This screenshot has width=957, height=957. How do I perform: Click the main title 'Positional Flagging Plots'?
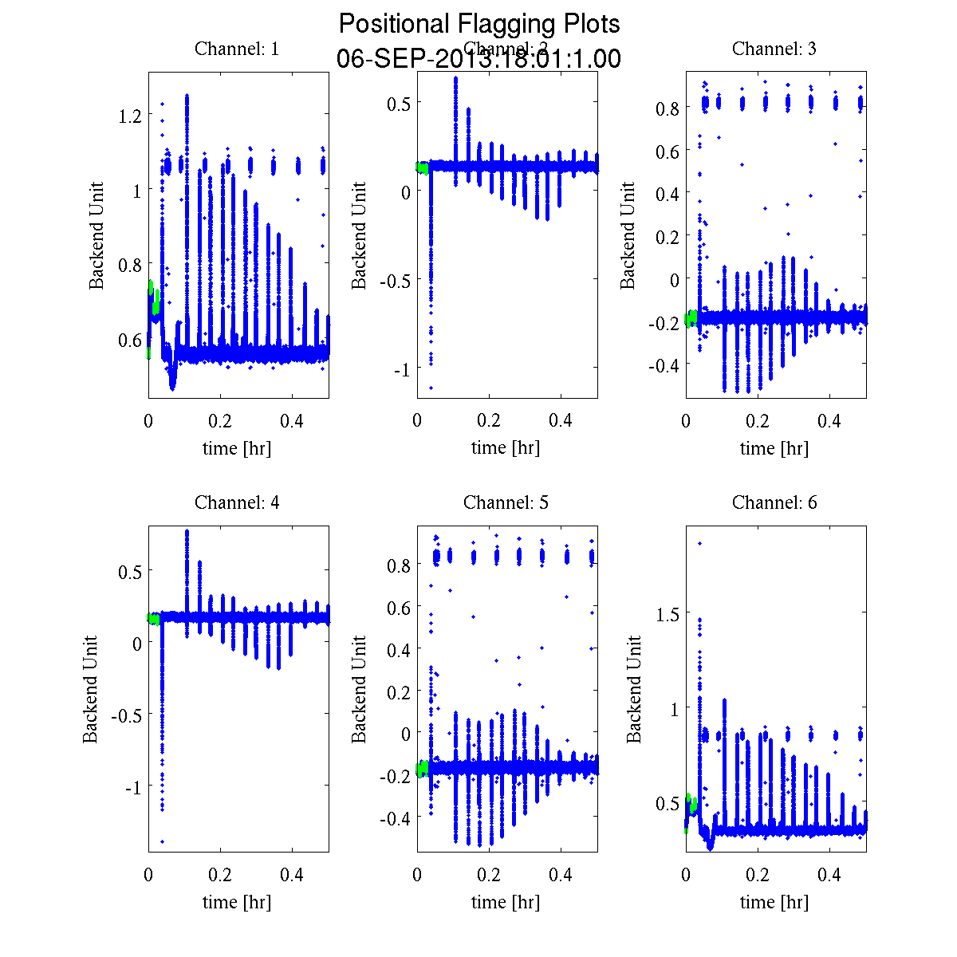(x=478, y=24)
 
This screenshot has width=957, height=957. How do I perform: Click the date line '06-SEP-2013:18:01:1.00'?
(x=478, y=59)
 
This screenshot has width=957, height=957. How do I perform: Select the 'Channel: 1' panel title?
(x=237, y=49)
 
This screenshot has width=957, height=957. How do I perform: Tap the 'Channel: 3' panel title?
(x=774, y=49)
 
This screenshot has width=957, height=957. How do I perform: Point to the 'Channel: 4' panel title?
(x=237, y=502)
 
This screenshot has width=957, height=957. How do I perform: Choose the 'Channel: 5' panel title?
(x=506, y=502)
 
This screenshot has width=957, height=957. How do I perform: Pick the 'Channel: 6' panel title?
(x=774, y=502)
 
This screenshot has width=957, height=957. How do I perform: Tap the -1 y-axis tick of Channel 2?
(x=401, y=369)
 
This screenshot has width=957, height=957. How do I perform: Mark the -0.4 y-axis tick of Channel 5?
(x=395, y=818)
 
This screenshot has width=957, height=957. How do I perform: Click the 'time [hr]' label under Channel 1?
(x=237, y=448)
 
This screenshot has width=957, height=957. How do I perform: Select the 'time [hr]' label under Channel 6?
(x=774, y=902)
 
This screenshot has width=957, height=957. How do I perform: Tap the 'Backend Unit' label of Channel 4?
(x=91, y=690)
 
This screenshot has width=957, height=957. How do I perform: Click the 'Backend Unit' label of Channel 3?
(x=628, y=235)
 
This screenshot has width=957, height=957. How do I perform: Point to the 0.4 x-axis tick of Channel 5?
(x=561, y=875)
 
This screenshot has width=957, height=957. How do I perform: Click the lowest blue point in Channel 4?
(x=162, y=841)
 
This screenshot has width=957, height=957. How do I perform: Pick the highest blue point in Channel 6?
(x=699, y=543)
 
